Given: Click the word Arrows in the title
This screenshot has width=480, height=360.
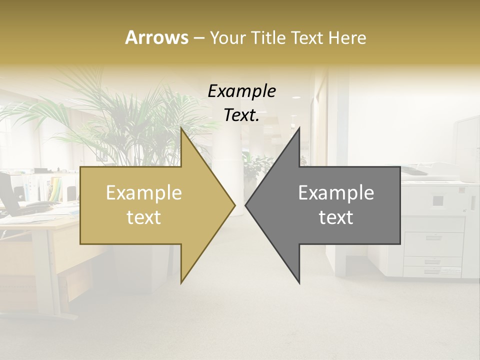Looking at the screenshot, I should (x=156, y=37).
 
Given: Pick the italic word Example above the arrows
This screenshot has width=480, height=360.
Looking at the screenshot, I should (x=241, y=91).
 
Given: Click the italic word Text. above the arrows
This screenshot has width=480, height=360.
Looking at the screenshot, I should (x=241, y=115).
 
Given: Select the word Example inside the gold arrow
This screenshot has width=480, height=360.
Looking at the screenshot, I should (x=143, y=193).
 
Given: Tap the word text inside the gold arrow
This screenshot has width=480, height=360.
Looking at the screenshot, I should (x=143, y=217).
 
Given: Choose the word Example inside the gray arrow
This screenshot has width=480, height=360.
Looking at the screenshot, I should (x=336, y=193).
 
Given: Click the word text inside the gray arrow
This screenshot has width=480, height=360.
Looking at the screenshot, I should (x=336, y=217).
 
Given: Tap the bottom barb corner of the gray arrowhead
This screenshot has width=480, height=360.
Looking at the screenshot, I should (x=299, y=283).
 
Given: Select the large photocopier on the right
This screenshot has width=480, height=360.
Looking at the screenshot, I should (x=435, y=225).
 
